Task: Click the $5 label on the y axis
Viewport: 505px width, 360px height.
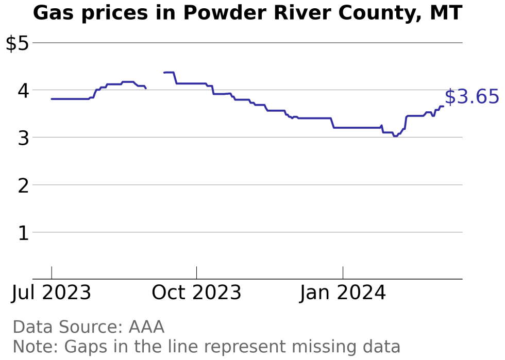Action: [17, 43]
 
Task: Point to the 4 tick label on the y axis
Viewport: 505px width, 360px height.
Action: [23, 91]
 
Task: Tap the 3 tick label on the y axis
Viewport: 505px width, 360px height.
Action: [23, 139]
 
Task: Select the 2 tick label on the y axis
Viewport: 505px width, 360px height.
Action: [23, 186]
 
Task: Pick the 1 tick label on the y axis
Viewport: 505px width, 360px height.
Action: [23, 233]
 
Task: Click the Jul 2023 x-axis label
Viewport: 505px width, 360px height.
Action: [52, 293]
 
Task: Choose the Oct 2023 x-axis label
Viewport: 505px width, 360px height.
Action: [196, 293]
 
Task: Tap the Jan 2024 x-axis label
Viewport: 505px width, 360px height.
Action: [343, 293]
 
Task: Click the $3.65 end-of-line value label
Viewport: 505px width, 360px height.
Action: [472, 97]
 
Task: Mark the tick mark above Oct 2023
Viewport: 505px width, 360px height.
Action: [196, 273]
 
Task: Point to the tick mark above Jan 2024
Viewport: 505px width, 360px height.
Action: [343, 273]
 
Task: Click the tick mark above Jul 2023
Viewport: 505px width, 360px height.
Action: [52, 273]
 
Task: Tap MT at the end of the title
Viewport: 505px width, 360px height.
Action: [446, 13]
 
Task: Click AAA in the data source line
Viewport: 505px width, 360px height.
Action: [146, 327]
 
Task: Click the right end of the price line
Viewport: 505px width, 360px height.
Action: [444, 106]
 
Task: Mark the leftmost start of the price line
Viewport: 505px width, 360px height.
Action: [52, 99]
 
